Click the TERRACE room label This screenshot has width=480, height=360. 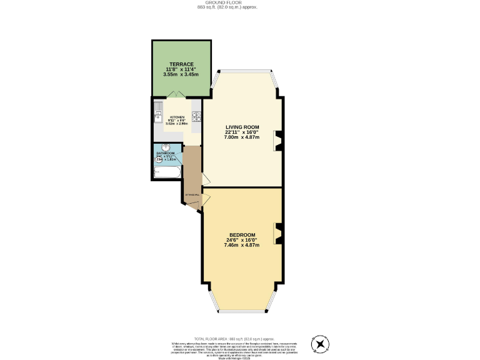click(182, 64)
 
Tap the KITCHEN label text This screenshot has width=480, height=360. click(177, 117)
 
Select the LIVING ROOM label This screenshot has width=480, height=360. click(242, 127)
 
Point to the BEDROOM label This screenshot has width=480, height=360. click(241, 234)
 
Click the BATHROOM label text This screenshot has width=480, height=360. click(165, 153)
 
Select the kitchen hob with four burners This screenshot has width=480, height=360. click(196, 116)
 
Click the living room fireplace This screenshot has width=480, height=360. click(277, 141)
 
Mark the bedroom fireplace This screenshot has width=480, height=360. click(277, 233)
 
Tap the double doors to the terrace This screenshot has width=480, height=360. click(176, 95)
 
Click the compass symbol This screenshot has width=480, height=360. click(321, 344)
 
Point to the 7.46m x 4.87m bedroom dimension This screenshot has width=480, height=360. click(241, 245)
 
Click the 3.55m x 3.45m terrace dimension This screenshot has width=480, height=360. click(182, 74)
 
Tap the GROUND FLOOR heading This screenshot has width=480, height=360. click(239, 2)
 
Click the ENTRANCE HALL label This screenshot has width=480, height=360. click(192, 196)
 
